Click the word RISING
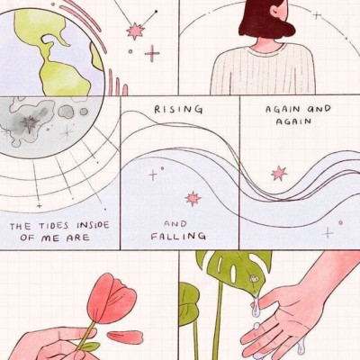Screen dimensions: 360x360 click(x=178, y=110)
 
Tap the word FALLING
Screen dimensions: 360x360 click(x=178, y=237)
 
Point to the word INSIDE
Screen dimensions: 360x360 click(x=93, y=225)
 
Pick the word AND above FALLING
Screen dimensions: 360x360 click(x=175, y=224)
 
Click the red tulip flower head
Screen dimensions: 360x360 click(x=111, y=299)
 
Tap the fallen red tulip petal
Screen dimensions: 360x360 click(x=125, y=337)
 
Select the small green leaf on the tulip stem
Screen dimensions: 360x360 click(x=90, y=346)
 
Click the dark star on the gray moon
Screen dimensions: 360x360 click(x=30, y=123)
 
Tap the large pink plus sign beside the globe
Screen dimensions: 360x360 click(x=152, y=54)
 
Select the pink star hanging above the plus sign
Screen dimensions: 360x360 click(x=135, y=31)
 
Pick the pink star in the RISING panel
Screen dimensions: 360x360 click(x=193, y=199)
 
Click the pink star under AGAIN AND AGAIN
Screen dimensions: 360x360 click(x=279, y=174)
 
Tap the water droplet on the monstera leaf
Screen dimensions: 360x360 click(x=255, y=279)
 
